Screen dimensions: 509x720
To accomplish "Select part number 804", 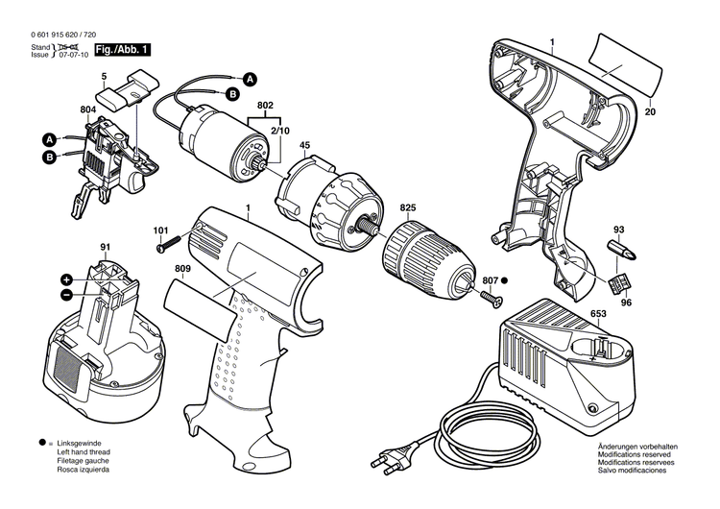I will click(x=87, y=110).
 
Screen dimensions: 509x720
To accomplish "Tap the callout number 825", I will click(x=408, y=207).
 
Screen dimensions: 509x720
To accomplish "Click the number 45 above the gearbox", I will click(x=304, y=146).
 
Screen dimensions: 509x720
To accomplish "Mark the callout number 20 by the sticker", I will click(x=651, y=112).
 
